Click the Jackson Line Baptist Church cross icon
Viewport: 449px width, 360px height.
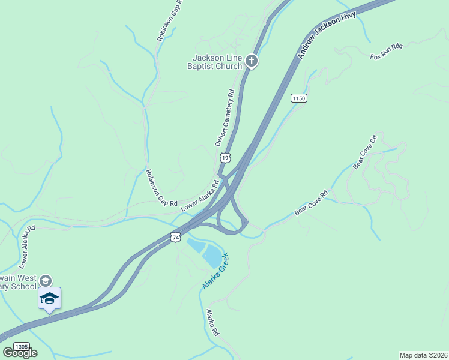(x=252, y=61)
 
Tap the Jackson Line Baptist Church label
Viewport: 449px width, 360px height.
(x=217, y=62)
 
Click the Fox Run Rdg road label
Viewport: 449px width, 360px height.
(x=386, y=52)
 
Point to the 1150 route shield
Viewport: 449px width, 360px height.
(x=299, y=98)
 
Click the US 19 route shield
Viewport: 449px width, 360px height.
(x=224, y=157)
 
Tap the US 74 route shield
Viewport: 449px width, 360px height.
(x=175, y=237)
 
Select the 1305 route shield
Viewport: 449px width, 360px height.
(x=21, y=347)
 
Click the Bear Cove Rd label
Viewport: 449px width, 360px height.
(x=312, y=203)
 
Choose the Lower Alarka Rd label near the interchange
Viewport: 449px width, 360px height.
(x=200, y=195)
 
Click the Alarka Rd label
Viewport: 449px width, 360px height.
(x=212, y=322)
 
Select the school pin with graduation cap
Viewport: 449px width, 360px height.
(x=49, y=299)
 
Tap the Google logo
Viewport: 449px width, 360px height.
(x=20, y=353)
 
